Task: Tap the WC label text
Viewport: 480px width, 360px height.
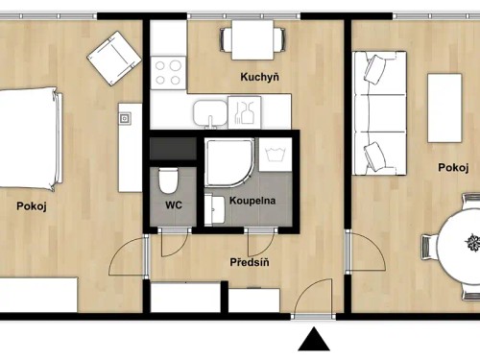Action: [x=174, y=205]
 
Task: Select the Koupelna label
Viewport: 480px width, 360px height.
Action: [x=252, y=201]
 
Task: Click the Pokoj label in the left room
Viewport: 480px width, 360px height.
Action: [x=32, y=205]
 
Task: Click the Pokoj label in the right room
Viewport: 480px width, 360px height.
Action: [x=453, y=167]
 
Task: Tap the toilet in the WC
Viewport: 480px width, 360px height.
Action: [x=169, y=180]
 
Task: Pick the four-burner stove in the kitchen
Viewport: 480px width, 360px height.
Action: [x=167, y=72]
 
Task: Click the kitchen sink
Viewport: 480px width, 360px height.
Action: [x=206, y=113]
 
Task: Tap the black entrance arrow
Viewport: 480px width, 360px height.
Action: [x=313, y=340]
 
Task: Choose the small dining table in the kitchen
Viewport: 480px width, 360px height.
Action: [x=252, y=38]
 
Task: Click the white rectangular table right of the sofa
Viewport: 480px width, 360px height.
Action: [x=444, y=106]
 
